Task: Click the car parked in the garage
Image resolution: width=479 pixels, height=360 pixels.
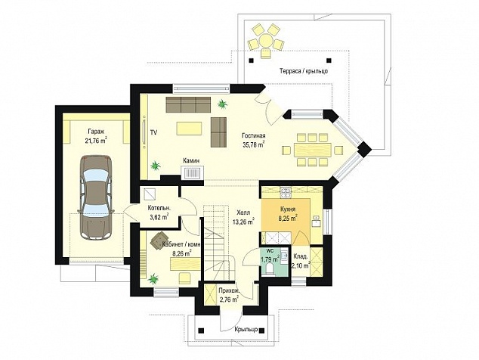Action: click(x=96, y=197)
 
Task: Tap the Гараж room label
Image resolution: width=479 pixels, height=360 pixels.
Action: click(x=96, y=132)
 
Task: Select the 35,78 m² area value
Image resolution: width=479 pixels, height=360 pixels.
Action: click(x=253, y=144)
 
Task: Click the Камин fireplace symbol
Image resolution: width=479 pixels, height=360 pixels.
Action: click(x=193, y=172)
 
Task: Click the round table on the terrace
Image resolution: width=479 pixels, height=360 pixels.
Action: click(x=266, y=40)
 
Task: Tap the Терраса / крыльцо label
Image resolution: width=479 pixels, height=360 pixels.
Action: click(x=304, y=71)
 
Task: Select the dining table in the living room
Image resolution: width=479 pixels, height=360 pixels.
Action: click(x=313, y=150)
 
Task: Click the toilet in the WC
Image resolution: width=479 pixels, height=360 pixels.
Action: click(x=270, y=269)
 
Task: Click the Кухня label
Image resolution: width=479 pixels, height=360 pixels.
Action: click(x=288, y=209)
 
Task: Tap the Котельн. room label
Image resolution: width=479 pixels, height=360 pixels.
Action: click(x=159, y=208)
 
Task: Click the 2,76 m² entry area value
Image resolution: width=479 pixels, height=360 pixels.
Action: click(x=229, y=299)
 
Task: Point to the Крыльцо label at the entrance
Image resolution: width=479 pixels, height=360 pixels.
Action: click(x=246, y=330)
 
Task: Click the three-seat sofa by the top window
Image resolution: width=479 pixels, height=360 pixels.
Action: click(x=188, y=104)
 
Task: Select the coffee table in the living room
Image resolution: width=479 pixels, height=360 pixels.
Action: click(x=189, y=128)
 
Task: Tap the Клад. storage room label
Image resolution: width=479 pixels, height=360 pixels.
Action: click(x=301, y=257)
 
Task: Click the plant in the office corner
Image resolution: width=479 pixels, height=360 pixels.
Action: click(x=153, y=278)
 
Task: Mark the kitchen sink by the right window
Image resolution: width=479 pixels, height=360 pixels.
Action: click(x=316, y=221)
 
